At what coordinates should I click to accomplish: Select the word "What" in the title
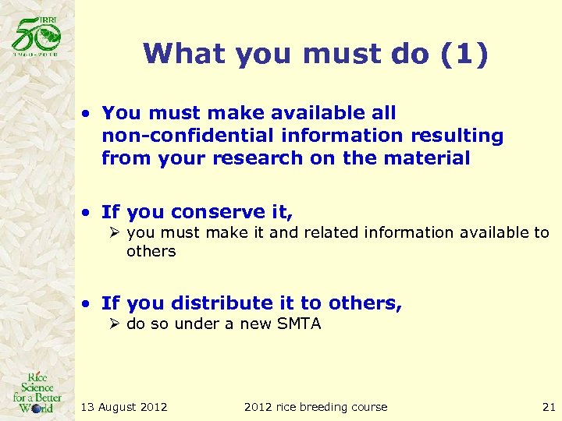coord(185,53)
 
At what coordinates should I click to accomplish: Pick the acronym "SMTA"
coord(299,324)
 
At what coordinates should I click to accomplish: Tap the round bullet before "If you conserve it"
coord(91,212)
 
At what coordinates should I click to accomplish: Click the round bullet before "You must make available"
coord(91,114)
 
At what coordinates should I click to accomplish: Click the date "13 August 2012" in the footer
coord(124,406)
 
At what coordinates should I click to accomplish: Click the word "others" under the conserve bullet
coord(151,251)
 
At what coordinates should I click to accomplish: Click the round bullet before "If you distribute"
coord(91,303)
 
